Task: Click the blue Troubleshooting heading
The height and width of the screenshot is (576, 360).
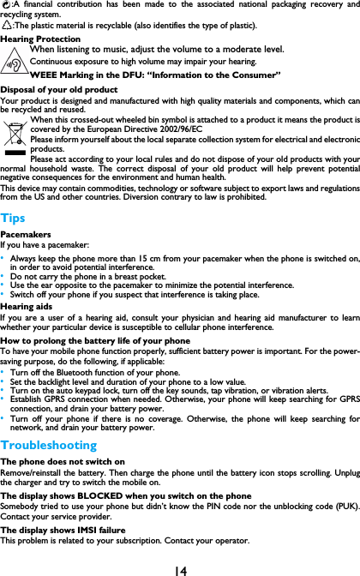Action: pyautogui.click(x=48, y=445)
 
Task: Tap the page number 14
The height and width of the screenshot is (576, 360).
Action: pyautogui.click(x=179, y=568)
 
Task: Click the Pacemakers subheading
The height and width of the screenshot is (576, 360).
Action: pyautogui.click(x=25, y=233)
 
